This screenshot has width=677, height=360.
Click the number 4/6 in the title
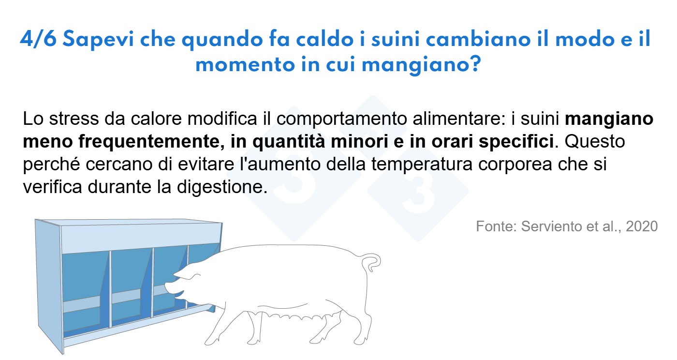[38, 39]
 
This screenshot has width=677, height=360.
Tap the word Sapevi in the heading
[98, 40]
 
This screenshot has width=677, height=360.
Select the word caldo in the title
[324, 39]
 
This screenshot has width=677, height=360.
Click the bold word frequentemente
[151, 142]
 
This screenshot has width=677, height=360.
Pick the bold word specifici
[516, 142]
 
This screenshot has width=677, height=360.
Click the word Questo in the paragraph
[595, 141]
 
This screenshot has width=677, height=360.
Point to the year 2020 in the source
[642, 226]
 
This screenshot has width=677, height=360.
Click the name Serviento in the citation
[551, 226]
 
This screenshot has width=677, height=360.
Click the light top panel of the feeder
[141, 238]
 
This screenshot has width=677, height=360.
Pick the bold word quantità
[290, 142]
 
